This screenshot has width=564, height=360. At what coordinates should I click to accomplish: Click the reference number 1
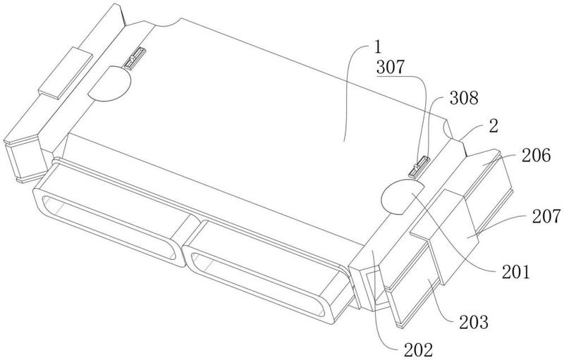point(377,49)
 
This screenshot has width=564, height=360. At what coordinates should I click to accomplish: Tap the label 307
point(391,69)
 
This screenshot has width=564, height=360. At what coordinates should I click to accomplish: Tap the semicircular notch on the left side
point(110,83)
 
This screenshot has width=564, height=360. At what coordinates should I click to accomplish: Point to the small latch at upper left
point(133,57)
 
